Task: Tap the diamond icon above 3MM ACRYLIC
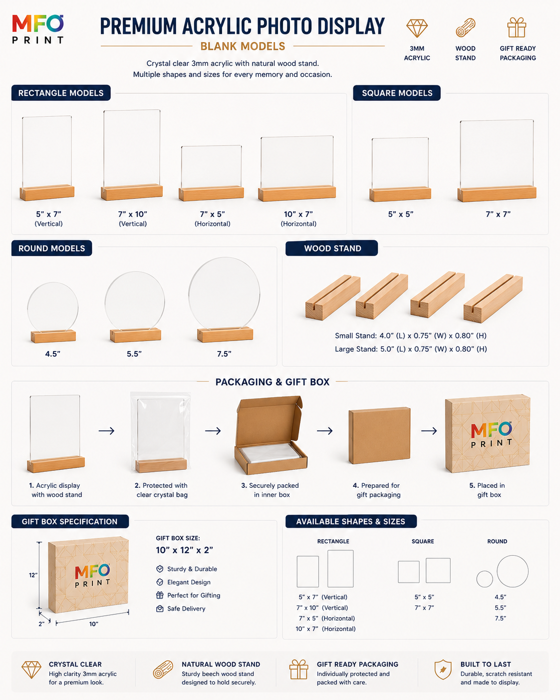417,28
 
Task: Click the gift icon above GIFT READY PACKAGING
517,27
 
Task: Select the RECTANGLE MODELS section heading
61,93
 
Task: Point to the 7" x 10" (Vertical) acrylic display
132,155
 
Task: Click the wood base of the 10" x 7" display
297,194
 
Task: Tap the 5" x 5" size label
400,214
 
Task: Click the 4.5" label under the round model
53,354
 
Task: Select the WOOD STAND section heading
332,248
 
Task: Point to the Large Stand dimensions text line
411,349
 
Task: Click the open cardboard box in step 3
271,435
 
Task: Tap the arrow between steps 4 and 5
429,431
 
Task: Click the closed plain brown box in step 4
379,435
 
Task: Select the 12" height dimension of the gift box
33,575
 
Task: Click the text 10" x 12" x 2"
184,550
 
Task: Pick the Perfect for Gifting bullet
188,595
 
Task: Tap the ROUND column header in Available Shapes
497,541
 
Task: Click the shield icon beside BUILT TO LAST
443,670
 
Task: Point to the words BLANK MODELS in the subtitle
243,46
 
